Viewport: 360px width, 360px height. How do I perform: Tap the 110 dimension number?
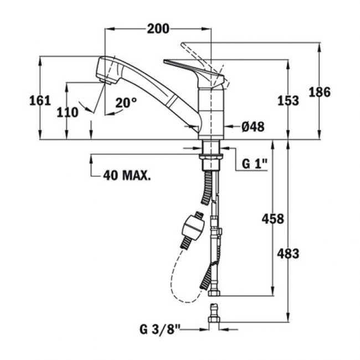click(x=68, y=112)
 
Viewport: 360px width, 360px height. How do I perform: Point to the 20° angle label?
click(x=126, y=102)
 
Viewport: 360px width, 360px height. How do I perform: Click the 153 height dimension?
click(x=287, y=100)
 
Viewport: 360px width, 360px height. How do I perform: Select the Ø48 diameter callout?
click(x=253, y=127)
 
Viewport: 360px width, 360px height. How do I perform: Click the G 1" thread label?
click(x=255, y=164)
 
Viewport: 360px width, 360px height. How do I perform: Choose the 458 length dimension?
click(x=272, y=219)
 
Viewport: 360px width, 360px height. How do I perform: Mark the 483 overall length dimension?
click(x=288, y=254)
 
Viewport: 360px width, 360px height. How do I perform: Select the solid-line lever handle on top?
click(x=191, y=68)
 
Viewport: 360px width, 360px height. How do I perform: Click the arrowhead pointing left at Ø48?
click(x=228, y=127)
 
